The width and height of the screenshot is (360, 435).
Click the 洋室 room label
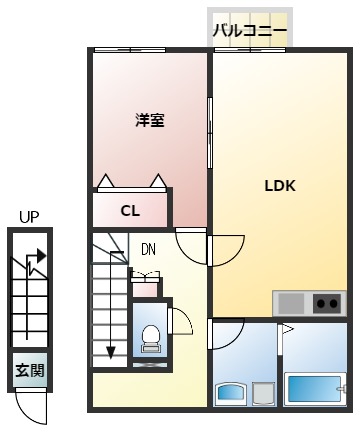pyautogui.click(x=150, y=120)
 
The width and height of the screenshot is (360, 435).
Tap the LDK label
pyautogui.click(x=279, y=185)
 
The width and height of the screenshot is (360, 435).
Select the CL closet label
pyautogui.click(x=130, y=210)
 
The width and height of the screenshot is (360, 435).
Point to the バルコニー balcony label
pyautogui.click(x=250, y=32)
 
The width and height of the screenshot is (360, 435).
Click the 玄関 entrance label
pyautogui.click(x=29, y=370)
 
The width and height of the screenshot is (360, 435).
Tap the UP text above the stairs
pyautogui.click(x=29, y=216)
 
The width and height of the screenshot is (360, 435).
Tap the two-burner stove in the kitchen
pyautogui.click(x=326, y=301)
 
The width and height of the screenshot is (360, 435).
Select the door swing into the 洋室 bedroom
pyautogui.click(x=191, y=243)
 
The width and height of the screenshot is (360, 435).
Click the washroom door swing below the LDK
pyautogui.click(x=228, y=332)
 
